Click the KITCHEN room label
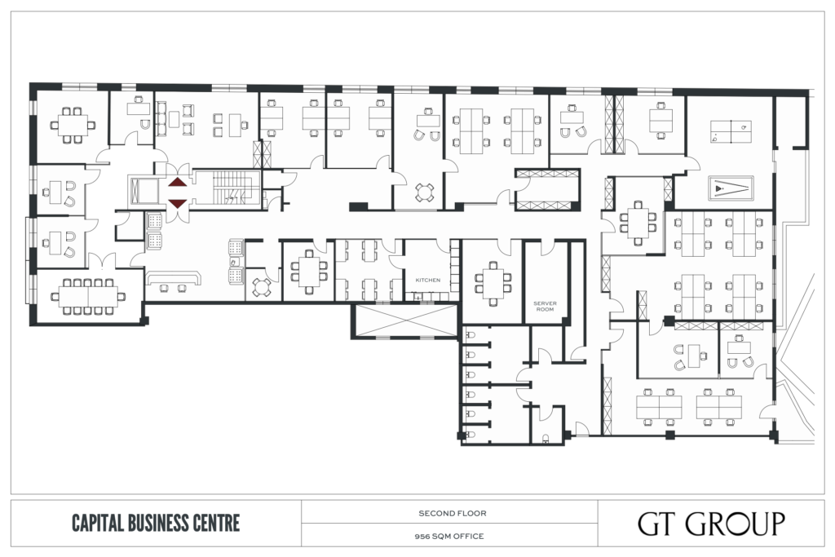[x=427, y=280]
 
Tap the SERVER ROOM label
[x=545, y=306]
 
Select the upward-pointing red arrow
[x=178, y=183]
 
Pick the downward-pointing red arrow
[x=178, y=203]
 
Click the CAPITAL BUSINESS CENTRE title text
[x=156, y=523]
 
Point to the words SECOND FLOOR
[x=452, y=513]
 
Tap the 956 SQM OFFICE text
[x=449, y=537]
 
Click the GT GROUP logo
[x=711, y=524]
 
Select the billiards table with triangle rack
[x=730, y=188]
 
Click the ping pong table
[x=731, y=131]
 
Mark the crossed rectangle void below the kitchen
[x=404, y=320]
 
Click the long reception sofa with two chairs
[x=173, y=279]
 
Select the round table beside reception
[x=261, y=288]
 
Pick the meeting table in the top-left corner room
[x=72, y=125]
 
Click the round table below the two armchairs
[x=424, y=192]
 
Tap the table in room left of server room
[x=493, y=283]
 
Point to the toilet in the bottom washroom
[x=545, y=439]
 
